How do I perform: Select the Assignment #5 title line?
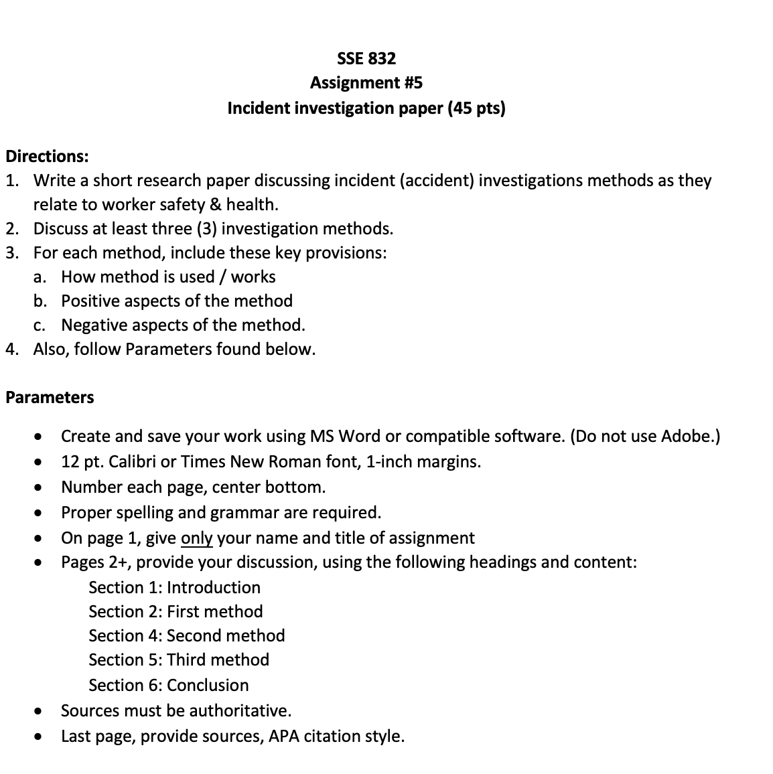366,83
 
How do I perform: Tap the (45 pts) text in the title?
476,108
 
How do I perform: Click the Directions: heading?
47,157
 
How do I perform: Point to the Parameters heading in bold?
50,398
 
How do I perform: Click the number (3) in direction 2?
206,229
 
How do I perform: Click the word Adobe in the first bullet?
689,437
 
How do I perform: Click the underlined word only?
196,538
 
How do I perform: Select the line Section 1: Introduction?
174,588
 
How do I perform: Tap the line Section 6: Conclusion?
168,686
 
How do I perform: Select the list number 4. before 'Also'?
11,350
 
